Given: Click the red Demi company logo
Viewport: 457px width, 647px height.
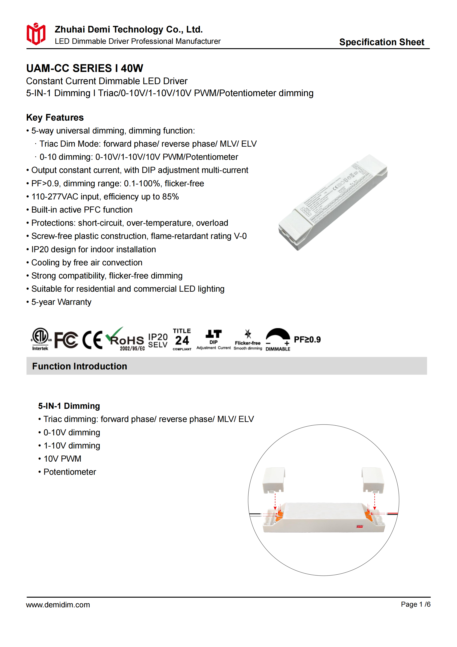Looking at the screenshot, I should pyautogui.click(x=36, y=34).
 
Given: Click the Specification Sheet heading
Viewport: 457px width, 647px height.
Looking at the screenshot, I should pyautogui.click(x=381, y=42).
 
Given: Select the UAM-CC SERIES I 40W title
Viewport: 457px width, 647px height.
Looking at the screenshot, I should pyautogui.click(x=85, y=68).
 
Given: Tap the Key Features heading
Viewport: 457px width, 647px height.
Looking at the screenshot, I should pyautogui.click(x=55, y=118).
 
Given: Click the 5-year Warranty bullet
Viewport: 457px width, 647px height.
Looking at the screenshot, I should pyautogui.click(x=61, y=302).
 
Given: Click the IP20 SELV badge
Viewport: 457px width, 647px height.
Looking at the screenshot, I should pyautogui.click(x=158, y=340).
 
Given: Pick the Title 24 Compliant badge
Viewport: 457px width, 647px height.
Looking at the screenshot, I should pyautogui.click(x=182, y=339).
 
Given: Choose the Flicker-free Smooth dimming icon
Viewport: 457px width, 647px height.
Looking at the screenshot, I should pyautogui.click(x=248, y=340).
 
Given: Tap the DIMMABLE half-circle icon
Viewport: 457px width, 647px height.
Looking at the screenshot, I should pyautogui.click(x=278, y=339).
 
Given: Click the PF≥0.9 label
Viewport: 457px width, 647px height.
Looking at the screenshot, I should pyautogui.click(x=307, y=340).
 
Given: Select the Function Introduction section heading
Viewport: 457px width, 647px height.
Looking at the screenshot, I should pyautogui.click(x=80, y=366).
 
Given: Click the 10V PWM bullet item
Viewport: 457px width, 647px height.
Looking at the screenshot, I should pyautogui.click(x=62, y=459).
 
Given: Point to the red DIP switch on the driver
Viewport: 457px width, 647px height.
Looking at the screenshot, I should pyautogui.click(x=360, y=526).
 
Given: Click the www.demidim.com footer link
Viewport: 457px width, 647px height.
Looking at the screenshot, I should pyautogui.click(x=58, y=605).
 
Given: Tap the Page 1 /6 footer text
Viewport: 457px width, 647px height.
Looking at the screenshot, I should pyautogui.click(x=416, y=604).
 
